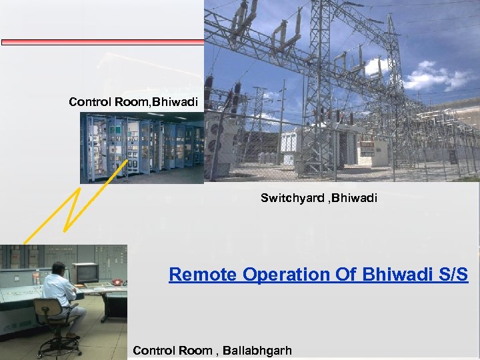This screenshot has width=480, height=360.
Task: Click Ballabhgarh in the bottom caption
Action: pos(257,351)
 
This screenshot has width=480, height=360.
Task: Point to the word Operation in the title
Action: pos(281,274)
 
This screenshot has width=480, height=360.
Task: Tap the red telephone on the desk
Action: pos(117,281)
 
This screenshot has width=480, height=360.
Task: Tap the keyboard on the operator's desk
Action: pos(99,285)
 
